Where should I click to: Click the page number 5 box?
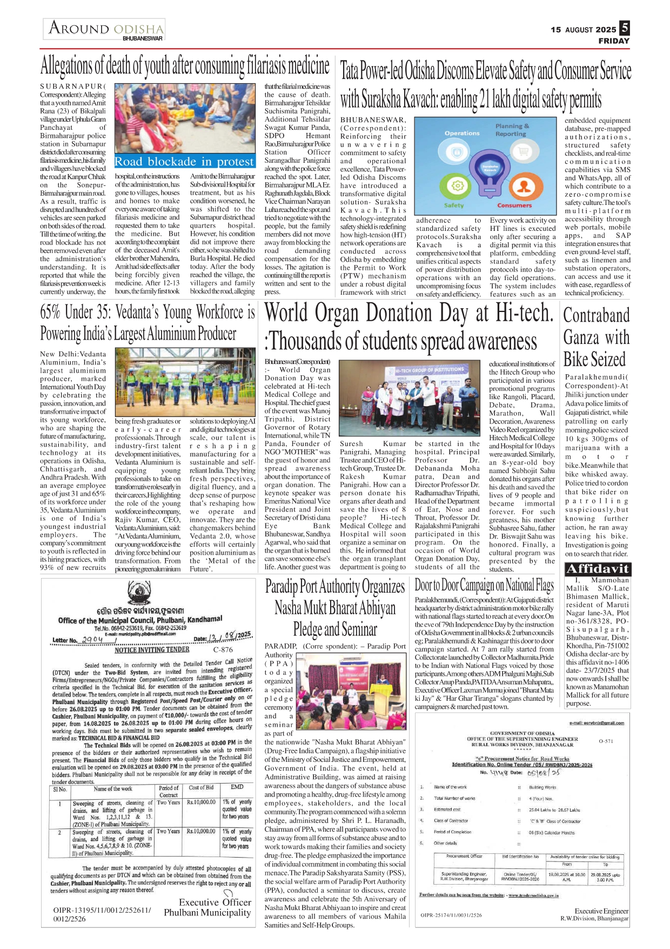pos(624,28)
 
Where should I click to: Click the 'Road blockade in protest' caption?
pos(184,162)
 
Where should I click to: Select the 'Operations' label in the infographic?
pos(462,133)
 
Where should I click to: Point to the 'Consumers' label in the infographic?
pos(514,205)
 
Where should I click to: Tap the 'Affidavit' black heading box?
pos(597,569)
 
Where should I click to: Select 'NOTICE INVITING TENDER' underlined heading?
pos(152,649)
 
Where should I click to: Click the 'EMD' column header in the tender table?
pos(237,787)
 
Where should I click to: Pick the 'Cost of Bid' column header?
pos(201,787)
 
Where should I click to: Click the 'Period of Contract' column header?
pos(169,791)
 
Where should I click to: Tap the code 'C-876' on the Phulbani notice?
pos(223,649)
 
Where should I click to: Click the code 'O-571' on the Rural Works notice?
pos(606,741)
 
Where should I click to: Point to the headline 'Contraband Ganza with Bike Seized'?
pos(597,337)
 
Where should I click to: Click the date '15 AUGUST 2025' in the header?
pos(583,30)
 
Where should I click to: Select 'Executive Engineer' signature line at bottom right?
pos(601,911)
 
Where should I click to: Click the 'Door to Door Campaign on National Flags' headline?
pos(484,585)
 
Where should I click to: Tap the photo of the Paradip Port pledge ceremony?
pos(331,694)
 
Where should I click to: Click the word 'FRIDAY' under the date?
pos(614,41)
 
